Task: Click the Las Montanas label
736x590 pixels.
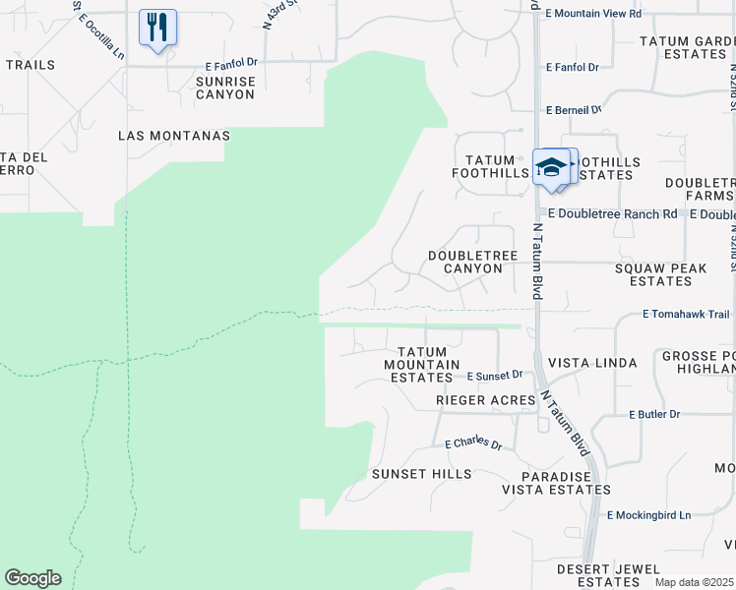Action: pos(173,135)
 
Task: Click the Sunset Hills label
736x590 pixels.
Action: pos(421,474)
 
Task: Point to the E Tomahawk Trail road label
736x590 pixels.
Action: pos(686,315)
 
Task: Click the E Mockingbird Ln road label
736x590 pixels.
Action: pos(649,515)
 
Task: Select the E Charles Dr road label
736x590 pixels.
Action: pos(473,443)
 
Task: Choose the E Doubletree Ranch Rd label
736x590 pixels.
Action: pos(613,213)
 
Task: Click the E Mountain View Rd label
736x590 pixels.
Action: pos(592,14)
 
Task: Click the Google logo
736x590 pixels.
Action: pos(32,578)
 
